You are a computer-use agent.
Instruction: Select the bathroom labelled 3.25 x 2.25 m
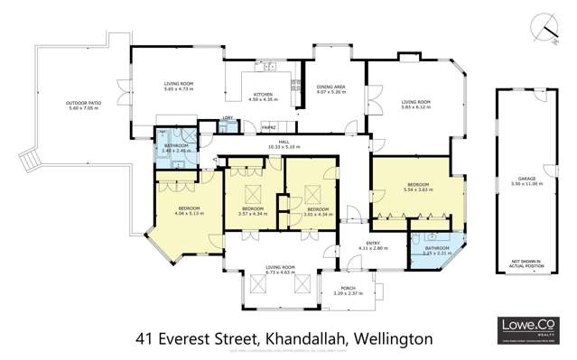tap(437, 251)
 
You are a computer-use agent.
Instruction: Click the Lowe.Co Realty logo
tap(526, 328)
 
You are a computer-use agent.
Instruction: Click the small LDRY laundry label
tap(228, 119)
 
